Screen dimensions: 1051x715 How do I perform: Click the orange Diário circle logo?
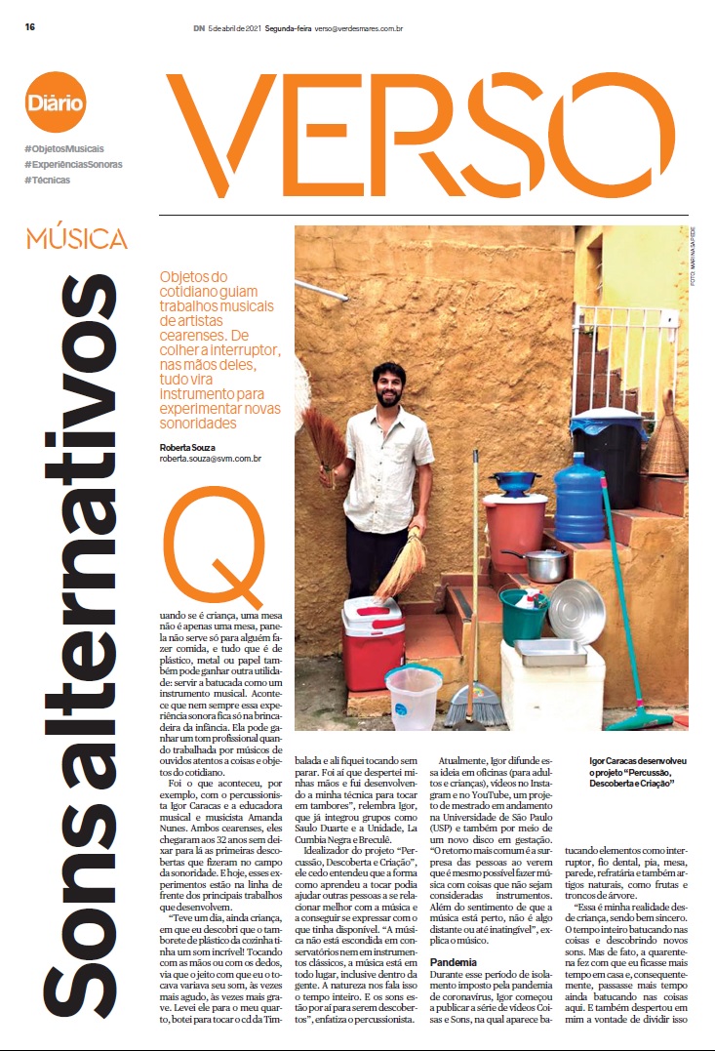pyautogui.click(x=56, y=101)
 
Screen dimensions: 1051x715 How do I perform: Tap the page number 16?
pyautogui.click(x=31, y=27)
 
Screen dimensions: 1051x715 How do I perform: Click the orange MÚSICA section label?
pyautogui.click(x=77, y=237)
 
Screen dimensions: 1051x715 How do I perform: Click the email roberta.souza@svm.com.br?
pyautogui.click(x=211, y=459)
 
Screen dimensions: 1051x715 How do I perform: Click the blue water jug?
pyautogui.click(x=580, y=498)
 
